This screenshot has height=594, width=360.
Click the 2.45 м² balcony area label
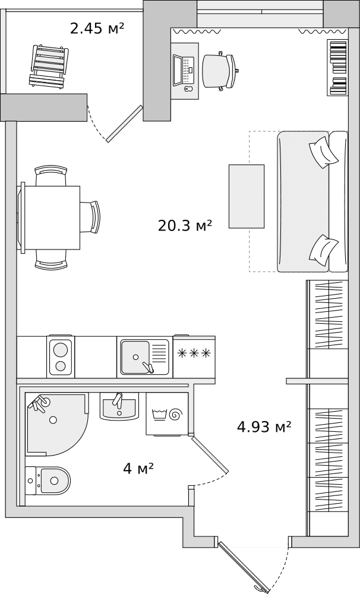point(97,28)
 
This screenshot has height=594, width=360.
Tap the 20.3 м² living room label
point(184,226)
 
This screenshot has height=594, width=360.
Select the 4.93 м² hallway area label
point(264,427)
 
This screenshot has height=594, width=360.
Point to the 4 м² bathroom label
point(138,469)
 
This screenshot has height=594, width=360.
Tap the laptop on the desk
point(184,70)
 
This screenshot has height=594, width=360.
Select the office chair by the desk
point(220,71)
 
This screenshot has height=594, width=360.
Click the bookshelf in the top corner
point(337,68)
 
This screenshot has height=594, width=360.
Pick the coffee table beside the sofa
point(247,196)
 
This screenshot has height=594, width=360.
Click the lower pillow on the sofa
point(324,250)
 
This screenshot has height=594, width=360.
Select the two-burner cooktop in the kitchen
point(61,357)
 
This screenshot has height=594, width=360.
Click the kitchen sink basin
point(135,357)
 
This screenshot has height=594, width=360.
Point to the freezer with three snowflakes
point(194,357)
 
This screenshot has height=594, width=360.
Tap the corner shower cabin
point(57,424)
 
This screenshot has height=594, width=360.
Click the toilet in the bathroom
point(48,481)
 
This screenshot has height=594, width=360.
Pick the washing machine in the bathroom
point(167,414)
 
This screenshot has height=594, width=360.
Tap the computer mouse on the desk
point(188,89)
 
